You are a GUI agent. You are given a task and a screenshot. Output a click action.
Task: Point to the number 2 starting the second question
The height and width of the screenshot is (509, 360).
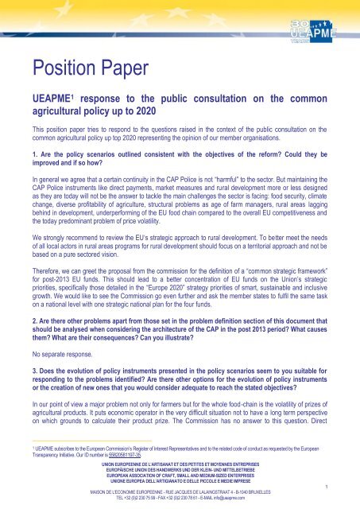point(24,309)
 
